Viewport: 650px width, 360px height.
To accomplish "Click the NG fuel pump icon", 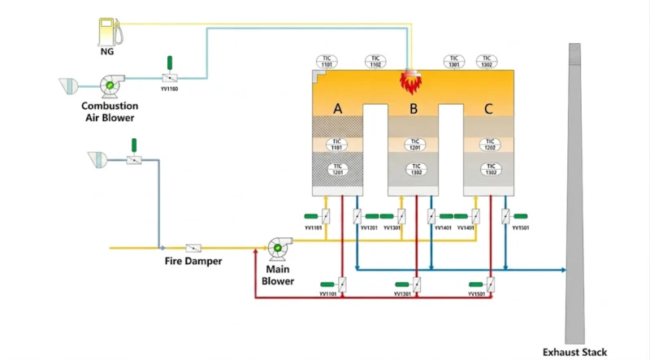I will (106, 32).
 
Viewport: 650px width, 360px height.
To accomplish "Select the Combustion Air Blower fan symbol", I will (109, 86).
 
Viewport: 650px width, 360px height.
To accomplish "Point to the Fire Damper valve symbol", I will (193, 247).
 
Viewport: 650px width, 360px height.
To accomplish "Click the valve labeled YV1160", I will (169, 78).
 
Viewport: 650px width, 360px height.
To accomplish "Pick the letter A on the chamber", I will (337, 108).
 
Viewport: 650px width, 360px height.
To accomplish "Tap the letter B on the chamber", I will (413, 108).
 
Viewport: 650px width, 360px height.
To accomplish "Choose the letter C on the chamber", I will (487, 108).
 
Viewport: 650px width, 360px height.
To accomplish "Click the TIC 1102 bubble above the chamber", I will (375, 60).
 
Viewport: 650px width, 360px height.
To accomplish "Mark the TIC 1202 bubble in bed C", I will (489, 144).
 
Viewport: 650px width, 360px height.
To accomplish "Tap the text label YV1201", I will (368, 229).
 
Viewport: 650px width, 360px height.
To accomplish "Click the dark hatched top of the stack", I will (574, 55).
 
